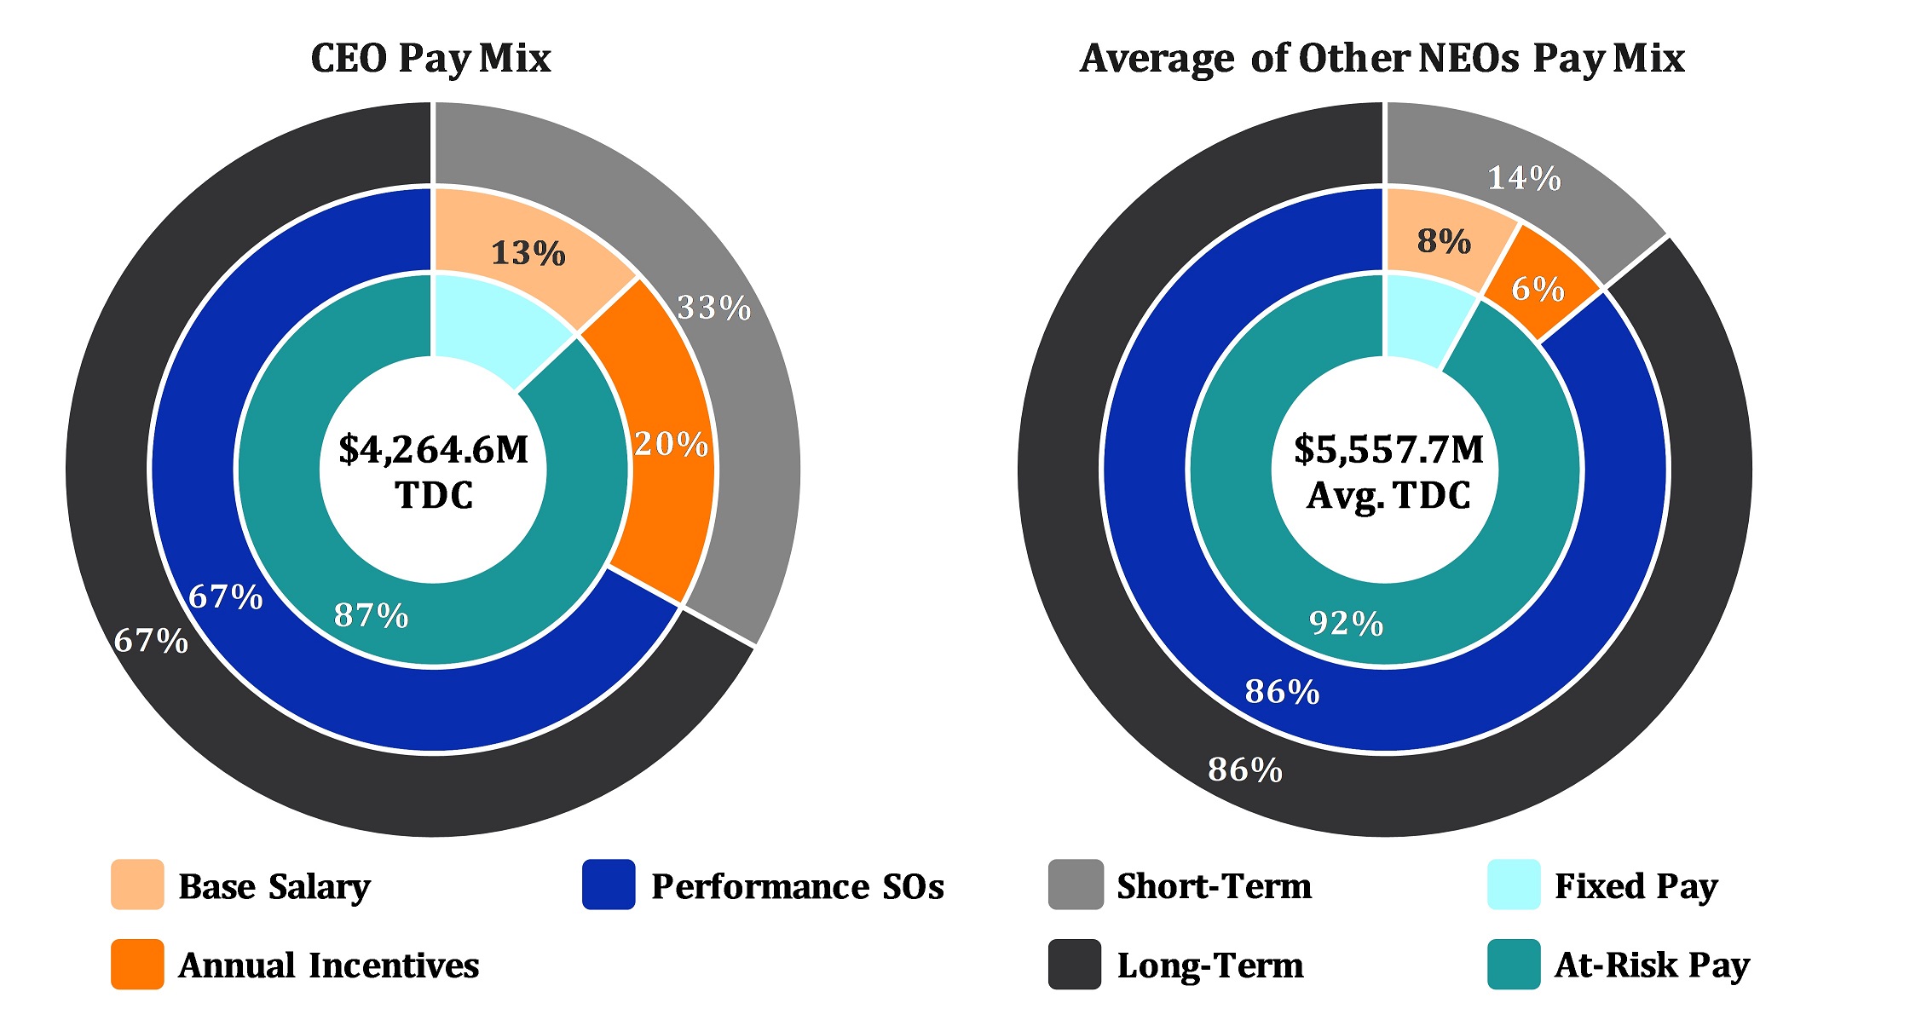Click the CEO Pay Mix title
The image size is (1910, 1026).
(430, 58)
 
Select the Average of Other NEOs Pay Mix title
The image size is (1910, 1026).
(1382, 58)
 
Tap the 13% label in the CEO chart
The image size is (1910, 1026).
(528, 253)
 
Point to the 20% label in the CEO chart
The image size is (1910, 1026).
(671, 444)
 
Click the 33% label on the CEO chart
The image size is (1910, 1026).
(713, 307)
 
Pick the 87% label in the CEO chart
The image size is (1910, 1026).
(371, 614)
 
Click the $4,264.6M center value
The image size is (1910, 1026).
(433, 449)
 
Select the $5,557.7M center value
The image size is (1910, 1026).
(1388, 449)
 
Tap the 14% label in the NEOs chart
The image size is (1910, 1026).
(1524, 178)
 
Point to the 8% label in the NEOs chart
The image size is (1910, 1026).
(1444, 241)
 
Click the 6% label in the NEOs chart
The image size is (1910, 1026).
(1538, 289)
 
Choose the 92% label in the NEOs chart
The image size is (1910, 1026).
(1346, 623)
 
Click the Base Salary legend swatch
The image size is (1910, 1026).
(137, 885)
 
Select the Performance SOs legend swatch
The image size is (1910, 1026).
(609, 885)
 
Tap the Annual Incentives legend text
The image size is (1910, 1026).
(328, 965)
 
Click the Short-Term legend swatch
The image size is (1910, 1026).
(1075, 885)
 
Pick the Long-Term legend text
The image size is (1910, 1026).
(1210, 965)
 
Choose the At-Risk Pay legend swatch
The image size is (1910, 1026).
(1514, 964)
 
